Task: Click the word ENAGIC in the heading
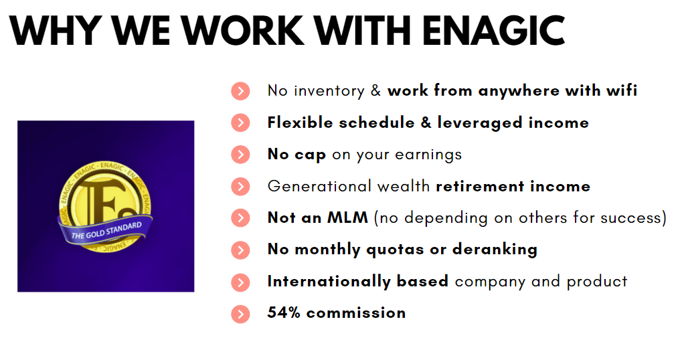coord(493,30)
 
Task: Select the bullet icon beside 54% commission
coord(240,314)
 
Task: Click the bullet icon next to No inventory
coord(240,91)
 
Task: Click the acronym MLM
coord(347,217)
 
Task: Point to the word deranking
coord(495,250)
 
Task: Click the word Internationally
coord(329,282)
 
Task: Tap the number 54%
coord(284,313)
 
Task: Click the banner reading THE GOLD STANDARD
coord(106,231)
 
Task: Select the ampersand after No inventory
coord(375,90)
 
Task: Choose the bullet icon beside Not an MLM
coord(240,218)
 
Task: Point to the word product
coord(597,282)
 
